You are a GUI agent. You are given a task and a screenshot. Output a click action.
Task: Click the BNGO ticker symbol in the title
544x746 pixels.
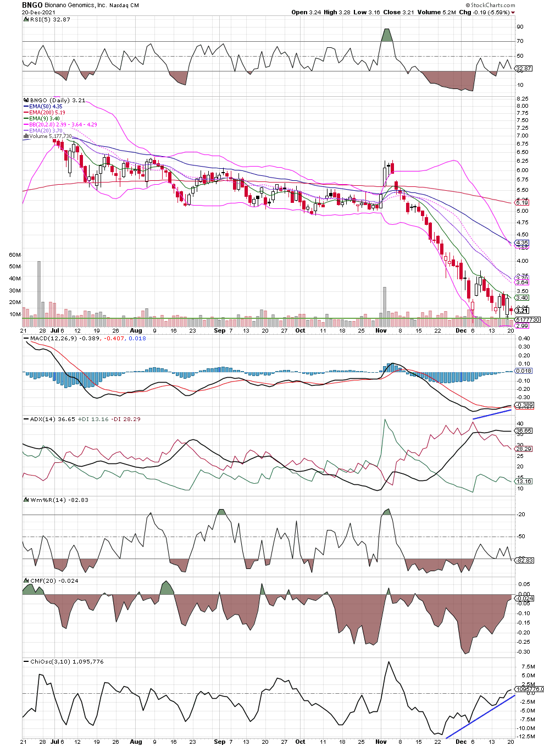pos(32,5)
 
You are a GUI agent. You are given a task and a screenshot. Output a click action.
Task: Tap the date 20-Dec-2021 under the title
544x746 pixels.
pos(39,12)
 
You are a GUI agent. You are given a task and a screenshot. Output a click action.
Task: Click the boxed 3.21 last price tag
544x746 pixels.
pos(522,311)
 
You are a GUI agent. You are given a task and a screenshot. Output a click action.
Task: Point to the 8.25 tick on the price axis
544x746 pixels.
pos(523,99)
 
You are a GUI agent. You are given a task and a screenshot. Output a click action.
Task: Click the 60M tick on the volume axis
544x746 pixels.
pos(15,255)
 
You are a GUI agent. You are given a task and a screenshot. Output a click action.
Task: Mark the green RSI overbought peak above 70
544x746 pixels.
pos(387,35)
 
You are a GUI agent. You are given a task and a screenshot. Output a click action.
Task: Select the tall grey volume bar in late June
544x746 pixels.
pos(39,289)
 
